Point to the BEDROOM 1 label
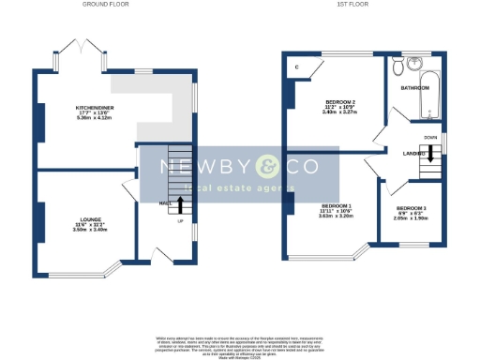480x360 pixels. click(336, 205)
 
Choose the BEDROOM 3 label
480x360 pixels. click(411, 207)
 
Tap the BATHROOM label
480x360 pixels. click(414, 87)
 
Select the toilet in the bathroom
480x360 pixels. click(398, 67)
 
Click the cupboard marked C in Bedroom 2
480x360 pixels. click(297, 67)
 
